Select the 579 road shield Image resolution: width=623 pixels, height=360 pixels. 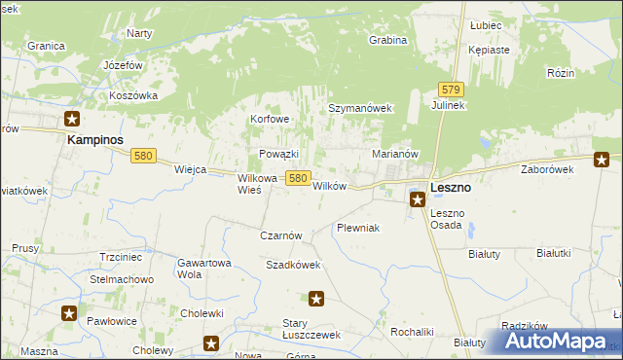coord(450,88)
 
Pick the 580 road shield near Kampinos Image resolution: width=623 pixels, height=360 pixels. coord(144,156)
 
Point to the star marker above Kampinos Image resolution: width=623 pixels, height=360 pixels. coord(72,120)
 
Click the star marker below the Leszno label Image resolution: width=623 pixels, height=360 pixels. coord(417,199)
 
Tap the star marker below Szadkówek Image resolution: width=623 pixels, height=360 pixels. coord(314,299)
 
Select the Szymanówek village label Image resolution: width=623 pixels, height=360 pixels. coord(359,109)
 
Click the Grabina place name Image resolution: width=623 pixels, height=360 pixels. coord(386,41)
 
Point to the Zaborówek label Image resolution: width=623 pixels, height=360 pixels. coord(547,168)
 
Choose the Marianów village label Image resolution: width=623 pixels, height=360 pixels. coord(395,154)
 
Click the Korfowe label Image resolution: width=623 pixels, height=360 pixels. coord(271,119)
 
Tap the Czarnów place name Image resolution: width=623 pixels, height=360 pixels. coord(282,235)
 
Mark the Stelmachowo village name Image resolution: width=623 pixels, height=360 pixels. coord(123,280)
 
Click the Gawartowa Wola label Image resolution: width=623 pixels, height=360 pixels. coord(203,269)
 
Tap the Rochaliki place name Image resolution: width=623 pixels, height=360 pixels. coord(411,332)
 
